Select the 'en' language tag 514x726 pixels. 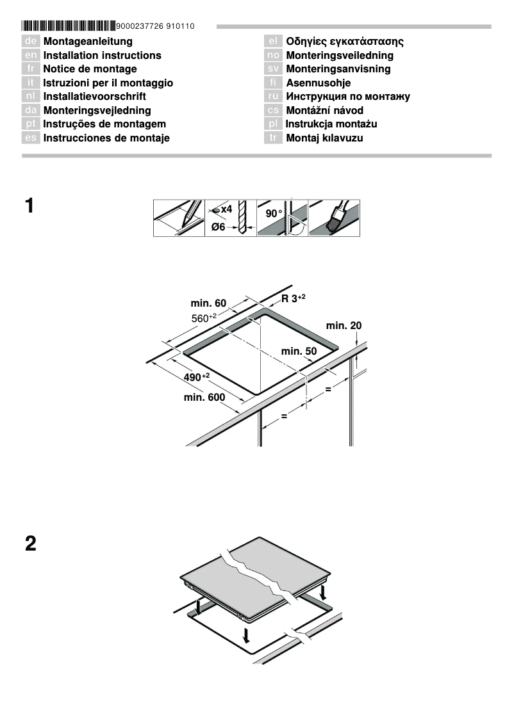point(31,56)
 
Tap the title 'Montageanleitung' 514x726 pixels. point(88,42)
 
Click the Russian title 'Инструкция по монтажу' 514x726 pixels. point(348,97)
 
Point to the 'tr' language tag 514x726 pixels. point(273,138)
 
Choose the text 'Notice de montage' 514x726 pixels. point(90,69)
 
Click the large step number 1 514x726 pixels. point(30,207)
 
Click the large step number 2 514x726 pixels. point(30,545)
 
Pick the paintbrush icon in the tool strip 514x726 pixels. point(334,218)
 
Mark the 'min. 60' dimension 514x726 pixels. point(208,302)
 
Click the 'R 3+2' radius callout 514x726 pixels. point(294,298)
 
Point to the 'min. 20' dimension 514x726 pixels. point(344,325)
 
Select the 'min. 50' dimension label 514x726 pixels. point(299,351)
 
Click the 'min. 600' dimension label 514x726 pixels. point(204,398)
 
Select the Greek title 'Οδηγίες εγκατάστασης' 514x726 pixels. point(345,42)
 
